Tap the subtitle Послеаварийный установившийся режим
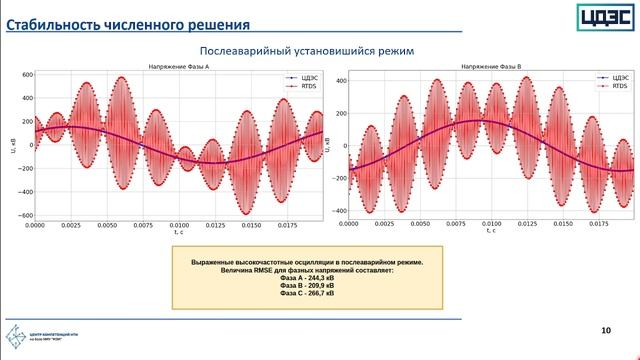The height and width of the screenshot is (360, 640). pyautogui.click(x=306, y=50)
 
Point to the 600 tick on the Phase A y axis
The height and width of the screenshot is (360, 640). pyautogui.click(x=27, y=75)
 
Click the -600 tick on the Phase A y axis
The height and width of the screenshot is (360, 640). pyautogui.click(x=25, y=215)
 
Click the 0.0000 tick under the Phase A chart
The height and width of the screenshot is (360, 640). pyautogui.click(x=36, y=226)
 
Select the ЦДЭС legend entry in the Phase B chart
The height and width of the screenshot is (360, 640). pyautogui.click(x=613, y=77)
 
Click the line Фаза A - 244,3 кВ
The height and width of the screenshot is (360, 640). pyautogui.click(x=307, y=278)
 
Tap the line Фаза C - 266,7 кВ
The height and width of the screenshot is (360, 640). pyautogui.click(x=307, y=294)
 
